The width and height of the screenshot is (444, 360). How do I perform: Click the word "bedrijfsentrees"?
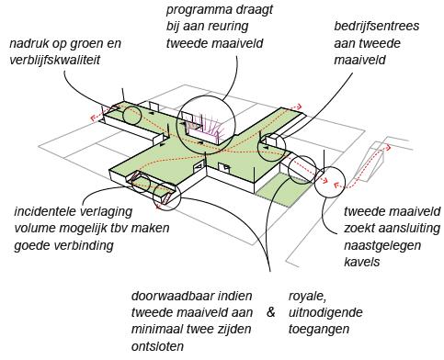[378, 28]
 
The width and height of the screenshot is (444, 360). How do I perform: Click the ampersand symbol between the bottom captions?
[270, 313]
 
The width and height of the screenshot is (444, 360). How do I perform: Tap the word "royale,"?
[311, 297]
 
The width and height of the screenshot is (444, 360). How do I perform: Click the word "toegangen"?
[320, 330]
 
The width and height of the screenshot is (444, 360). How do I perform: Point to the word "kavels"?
[362, 262]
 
